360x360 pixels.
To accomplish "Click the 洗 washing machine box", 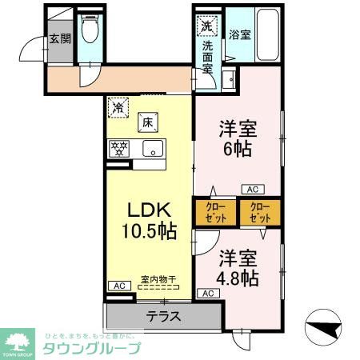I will tap(206, 26).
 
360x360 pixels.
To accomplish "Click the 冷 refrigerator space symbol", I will tap(118, 106).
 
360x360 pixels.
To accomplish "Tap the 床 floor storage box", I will tap(148, 122).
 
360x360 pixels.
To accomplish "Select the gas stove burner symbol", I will tap(121, 148).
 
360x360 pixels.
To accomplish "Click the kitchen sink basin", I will tap(152, 148).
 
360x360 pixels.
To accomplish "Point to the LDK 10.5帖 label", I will tap(149, 221).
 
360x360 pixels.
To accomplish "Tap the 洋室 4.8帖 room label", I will tap(238, 268).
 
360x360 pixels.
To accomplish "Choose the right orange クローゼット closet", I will tap(261, 214).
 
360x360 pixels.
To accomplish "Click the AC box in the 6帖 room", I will tap(252, 190).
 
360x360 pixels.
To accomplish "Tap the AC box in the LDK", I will tap(117, 286).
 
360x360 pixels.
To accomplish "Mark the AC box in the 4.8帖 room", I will tap(207, 294).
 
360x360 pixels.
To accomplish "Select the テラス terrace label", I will tap(162, 315).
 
